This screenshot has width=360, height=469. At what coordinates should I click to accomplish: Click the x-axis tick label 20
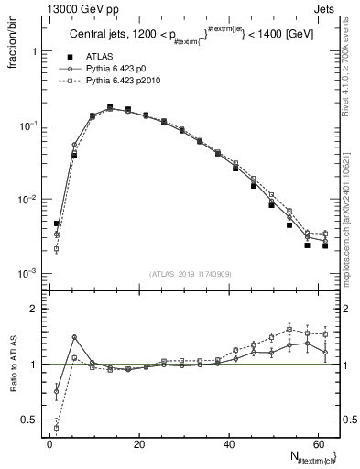click(138, 445)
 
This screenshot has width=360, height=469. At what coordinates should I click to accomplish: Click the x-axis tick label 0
click(49, 445)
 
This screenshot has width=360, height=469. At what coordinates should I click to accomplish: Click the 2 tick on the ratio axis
click(35, 309)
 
